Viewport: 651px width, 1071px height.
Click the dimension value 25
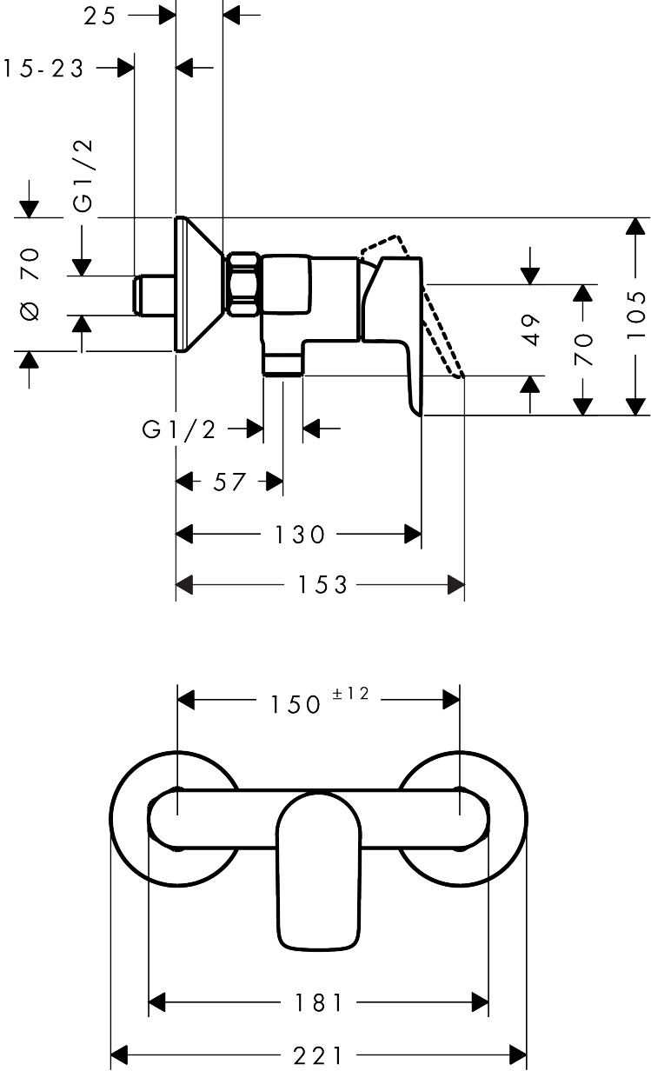100,16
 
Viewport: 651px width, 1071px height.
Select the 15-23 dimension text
43,69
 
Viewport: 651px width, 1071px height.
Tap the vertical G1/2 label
83,176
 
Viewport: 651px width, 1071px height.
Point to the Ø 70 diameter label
30,284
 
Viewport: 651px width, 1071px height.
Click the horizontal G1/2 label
179,429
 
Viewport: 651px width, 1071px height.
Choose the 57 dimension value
229,482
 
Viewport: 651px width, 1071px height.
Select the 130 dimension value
300,534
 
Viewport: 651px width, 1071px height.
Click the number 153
322,584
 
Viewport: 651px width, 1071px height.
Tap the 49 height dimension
531,330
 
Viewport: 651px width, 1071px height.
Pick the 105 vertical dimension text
636,315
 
